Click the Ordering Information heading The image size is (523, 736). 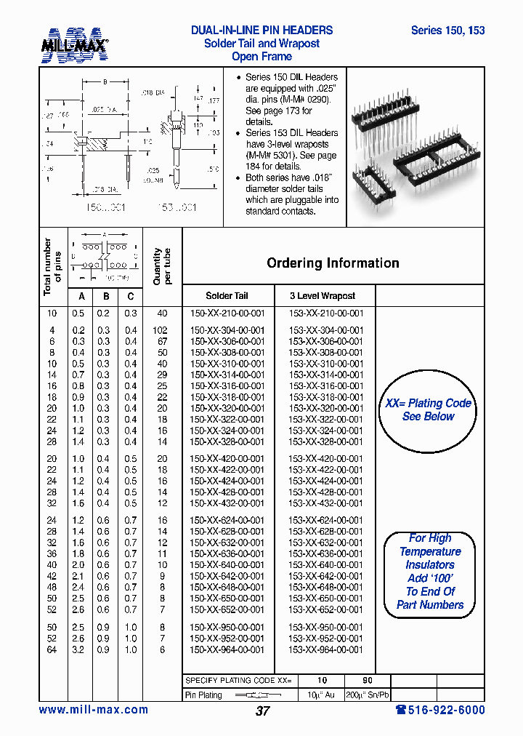[x=333, y=263]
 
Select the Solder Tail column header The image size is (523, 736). [x=227, y=296]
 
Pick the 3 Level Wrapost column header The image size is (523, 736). [x=323, y=296]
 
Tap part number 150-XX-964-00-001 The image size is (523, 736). [x=227, y=649]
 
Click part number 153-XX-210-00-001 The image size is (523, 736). [x=326, y=313]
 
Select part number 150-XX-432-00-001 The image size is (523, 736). [x=227, y=503]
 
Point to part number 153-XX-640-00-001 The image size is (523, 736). [x=326, y=565]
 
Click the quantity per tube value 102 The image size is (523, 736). [x=162, y=330]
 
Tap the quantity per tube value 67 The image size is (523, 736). [x=162, y=341]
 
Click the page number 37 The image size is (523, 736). [x=262, y=711]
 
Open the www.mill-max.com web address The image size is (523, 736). [x=93, y=710]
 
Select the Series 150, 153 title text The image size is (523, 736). [x=447, y=31]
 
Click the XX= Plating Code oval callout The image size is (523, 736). [x=428, y=410]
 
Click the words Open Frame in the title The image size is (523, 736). [x=261, y=57]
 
